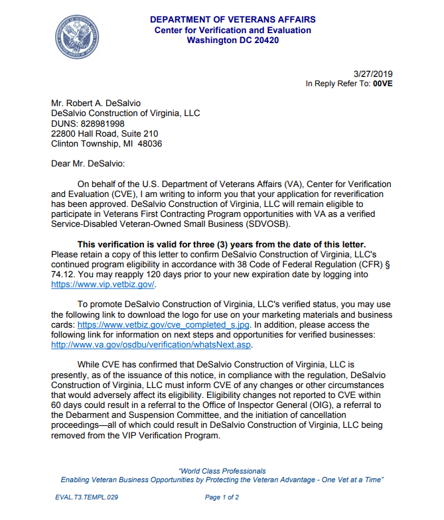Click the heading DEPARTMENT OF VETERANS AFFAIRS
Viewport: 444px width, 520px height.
click(232, 20)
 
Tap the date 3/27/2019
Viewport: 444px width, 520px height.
click(374, 73)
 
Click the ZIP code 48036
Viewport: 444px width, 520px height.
click(150, 143)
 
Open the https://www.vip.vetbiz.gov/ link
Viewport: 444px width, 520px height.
click(104, 285)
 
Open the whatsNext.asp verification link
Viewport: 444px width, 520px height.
click(152, 345)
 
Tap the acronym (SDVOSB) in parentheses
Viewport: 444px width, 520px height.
click(265, 224)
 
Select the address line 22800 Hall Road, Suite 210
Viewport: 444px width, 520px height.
click(105, 133)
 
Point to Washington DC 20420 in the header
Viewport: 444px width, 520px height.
click(232, 40)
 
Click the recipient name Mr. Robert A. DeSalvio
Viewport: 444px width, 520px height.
click(96, 103)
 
